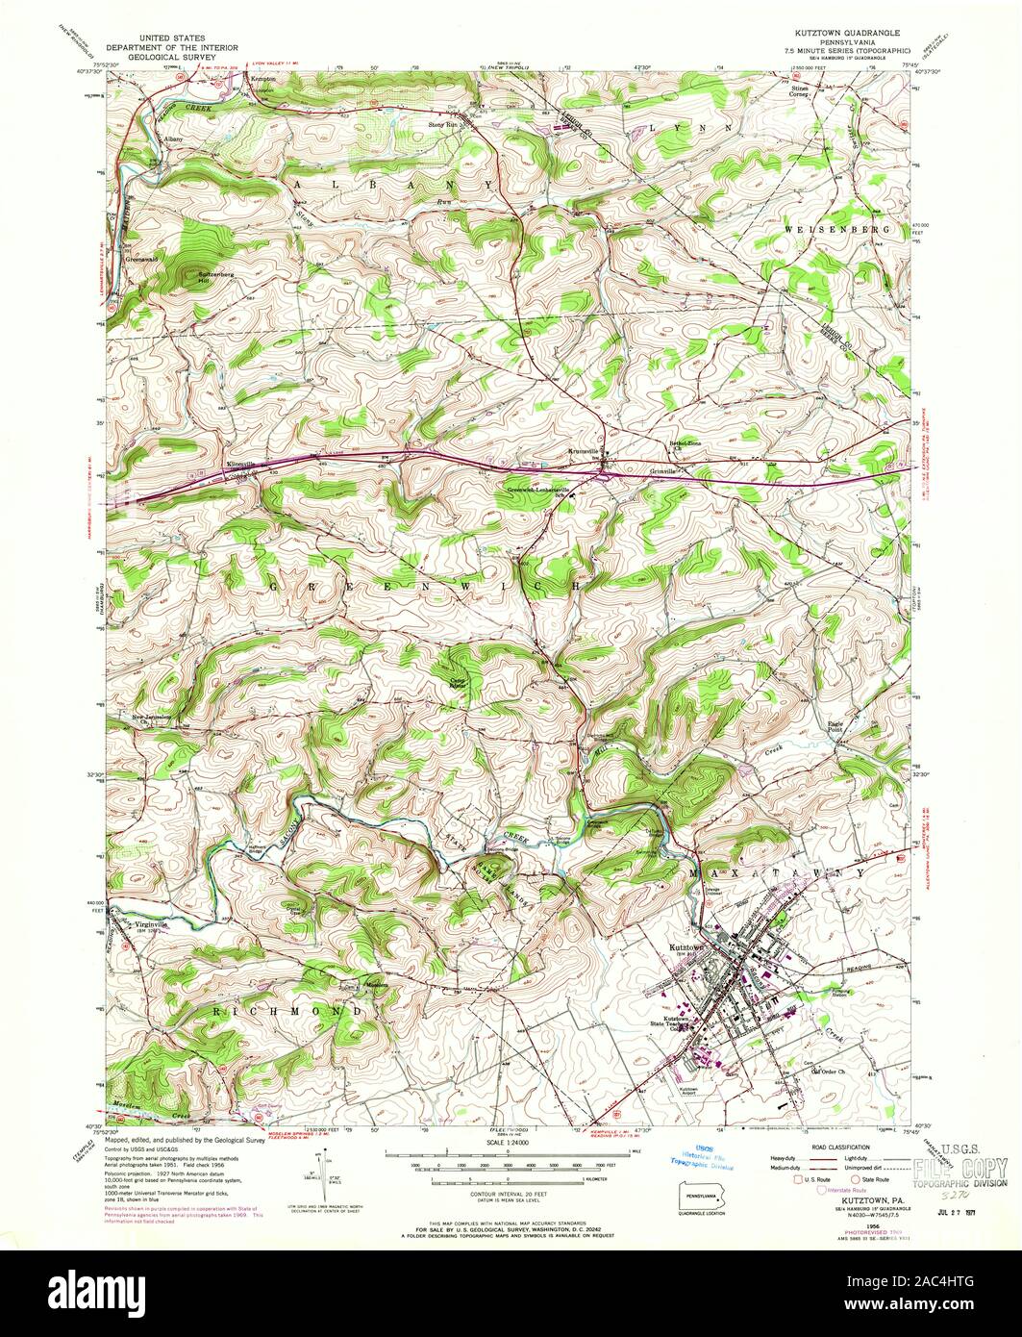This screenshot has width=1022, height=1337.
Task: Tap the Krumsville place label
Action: tap(584, 450)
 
